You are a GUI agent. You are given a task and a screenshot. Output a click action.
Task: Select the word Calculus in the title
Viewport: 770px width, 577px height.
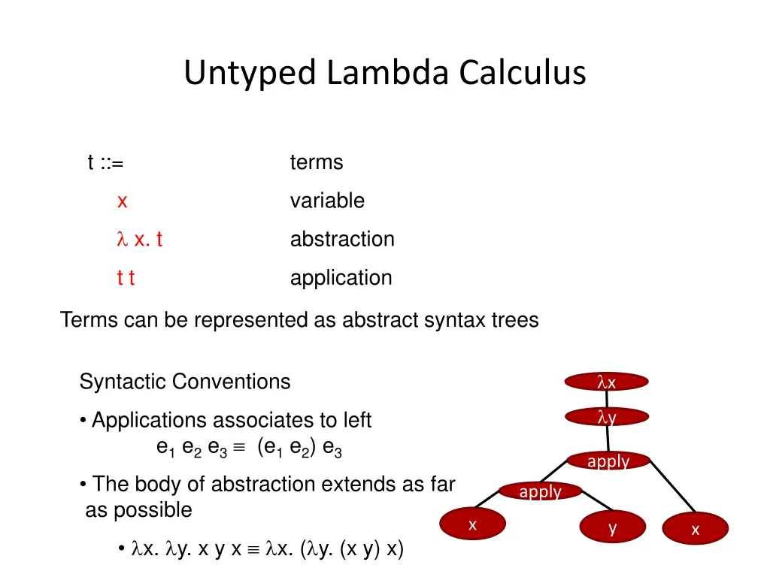tap(523, 74)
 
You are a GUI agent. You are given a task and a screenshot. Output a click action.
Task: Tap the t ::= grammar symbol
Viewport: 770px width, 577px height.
tap(105, 162)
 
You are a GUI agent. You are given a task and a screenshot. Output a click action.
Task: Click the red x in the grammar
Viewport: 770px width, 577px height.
tap(122, 201)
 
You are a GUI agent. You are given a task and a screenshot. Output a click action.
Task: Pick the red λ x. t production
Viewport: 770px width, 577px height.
tap(140, 240)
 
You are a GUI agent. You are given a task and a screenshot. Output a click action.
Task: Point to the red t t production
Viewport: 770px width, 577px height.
tap(126, 278)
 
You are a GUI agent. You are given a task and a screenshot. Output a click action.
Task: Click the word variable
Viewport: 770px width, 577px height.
tap(327, 201)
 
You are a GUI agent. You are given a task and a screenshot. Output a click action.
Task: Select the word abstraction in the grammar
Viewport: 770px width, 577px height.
tap(342, 240)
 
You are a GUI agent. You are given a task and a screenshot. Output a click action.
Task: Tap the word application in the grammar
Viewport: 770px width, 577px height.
tap(341, 278)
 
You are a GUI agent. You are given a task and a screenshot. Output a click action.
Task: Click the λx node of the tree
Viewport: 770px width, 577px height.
tap(607, 382)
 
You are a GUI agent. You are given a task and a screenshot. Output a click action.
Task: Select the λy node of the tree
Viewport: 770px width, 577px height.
tap(607, 417)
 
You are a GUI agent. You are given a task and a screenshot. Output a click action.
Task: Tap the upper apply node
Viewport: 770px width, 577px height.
tap(608, 461)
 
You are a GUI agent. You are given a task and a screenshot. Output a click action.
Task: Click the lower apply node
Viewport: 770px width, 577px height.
tap(540, 491)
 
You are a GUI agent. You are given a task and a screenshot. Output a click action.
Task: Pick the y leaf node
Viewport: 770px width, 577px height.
tap(613, 527)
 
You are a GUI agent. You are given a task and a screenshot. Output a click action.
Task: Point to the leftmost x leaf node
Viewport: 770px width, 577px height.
tap(472, 524)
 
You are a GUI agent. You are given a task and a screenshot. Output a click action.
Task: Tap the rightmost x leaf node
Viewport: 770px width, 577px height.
tap(695, 529)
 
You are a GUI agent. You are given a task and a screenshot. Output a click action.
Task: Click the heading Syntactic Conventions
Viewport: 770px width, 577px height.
tap(185, 382)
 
